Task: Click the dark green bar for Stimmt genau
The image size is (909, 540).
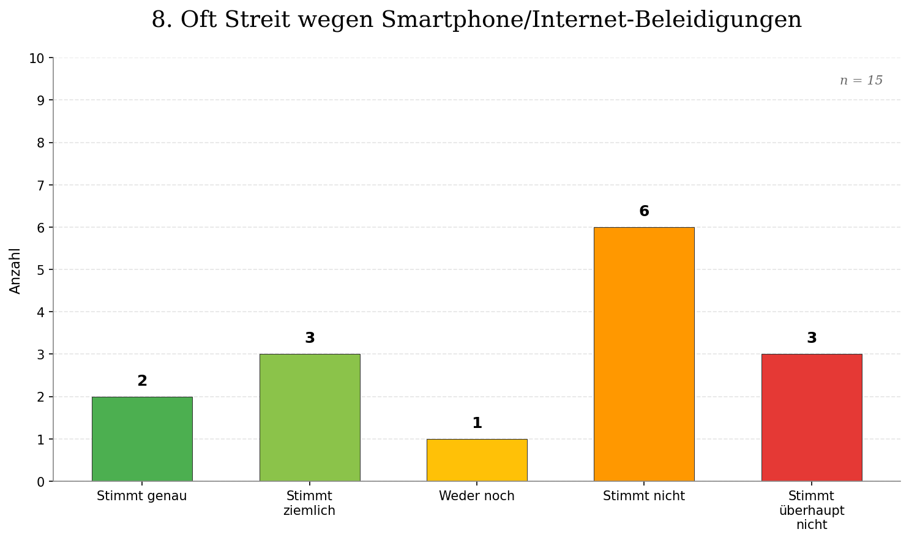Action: tap(142, 439)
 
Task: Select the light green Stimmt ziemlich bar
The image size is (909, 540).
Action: tap(310, 418)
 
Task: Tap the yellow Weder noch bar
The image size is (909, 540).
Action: tap(477, 460)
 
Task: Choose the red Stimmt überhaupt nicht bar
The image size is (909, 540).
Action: tap(812, 418)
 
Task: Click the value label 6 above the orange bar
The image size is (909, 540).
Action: tap(644, 212)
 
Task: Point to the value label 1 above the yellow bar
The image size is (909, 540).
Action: tap(477, 424)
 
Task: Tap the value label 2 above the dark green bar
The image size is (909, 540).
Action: tap(142, 381)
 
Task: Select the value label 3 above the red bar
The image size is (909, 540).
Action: tap(812, 339)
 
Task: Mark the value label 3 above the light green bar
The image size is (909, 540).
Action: tap(310, 339)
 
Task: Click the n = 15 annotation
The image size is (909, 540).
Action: tap(861, 81)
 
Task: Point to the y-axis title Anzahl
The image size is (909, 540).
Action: tap(15, 271)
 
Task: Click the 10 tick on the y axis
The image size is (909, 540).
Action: tap(37, 59)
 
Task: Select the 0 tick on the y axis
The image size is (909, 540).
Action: tap(40, 482)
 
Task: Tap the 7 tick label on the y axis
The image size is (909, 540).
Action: tap(40, 186)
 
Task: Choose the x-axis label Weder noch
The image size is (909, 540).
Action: tap(477, 497)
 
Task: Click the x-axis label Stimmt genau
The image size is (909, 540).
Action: tap(142, 497)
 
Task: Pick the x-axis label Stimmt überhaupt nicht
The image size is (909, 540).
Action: tap(812, 510)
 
